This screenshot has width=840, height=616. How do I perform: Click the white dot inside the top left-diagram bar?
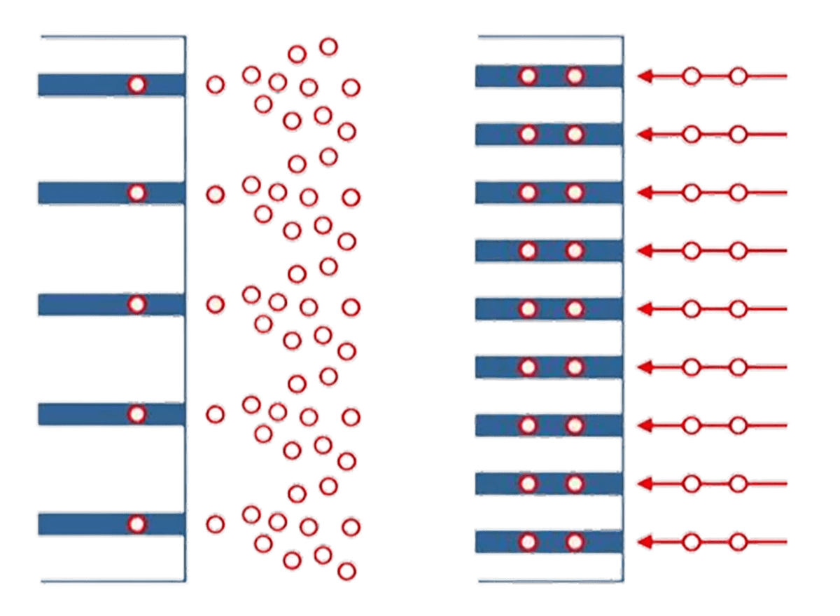tap(137, 85)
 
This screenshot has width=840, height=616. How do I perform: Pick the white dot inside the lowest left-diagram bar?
tap(137, 523)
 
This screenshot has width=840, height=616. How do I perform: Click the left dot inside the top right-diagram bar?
tap(528, 76)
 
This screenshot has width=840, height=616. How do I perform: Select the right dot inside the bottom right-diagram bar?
tap(575, 541)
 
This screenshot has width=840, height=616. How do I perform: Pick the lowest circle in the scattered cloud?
tap(344, 570)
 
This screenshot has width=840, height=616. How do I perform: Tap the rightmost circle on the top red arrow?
tap(737, 76)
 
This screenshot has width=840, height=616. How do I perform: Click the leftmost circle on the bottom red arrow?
tap(692, 541)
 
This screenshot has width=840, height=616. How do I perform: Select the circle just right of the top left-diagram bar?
tap(216, 85)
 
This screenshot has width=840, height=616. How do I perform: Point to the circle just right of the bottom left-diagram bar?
tap(216, 523)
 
